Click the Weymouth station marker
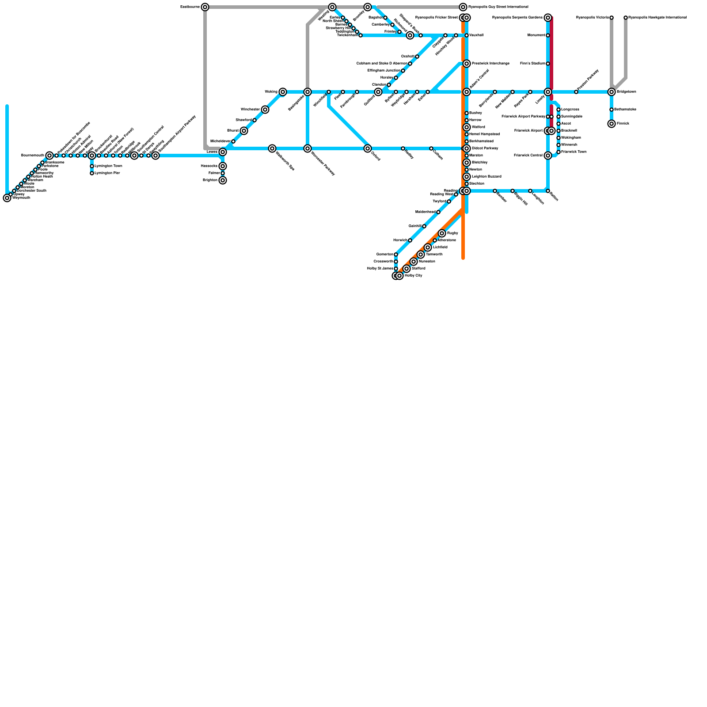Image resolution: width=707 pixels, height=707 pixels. pos(7,198)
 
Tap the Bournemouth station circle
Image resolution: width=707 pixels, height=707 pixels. pos(49,156)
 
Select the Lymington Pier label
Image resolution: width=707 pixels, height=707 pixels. pos(107,173)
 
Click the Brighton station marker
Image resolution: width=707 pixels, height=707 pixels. pos(223,180)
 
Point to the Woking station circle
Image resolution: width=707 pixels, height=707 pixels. pos(283,92)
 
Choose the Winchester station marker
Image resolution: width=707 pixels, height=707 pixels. pos(265,110)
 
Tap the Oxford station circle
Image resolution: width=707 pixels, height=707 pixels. pos(368,148)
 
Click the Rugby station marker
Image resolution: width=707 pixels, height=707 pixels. pos(442,233)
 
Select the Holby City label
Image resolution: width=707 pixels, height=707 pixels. pos(414,276)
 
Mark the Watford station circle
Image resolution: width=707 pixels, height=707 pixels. pos(467,127)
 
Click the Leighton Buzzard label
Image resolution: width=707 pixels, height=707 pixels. pos(487,177)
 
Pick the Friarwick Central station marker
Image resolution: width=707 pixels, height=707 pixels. pos(548,156)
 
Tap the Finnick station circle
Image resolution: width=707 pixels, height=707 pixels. pos(612,124)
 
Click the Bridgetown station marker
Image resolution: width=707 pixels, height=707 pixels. pos(612,92)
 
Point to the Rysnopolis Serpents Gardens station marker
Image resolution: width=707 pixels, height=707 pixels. pos(548,18)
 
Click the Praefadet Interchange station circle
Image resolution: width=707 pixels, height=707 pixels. pos(467,64)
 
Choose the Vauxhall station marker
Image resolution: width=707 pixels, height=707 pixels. pos(467,35)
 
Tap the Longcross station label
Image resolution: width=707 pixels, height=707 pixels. pos(570,110)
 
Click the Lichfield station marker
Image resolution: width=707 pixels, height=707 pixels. pos(428,247)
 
